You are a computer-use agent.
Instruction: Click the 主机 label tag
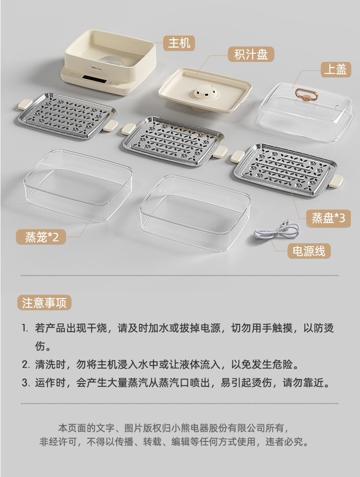tap(179, 43)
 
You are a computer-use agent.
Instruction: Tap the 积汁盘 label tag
tap(251, 54)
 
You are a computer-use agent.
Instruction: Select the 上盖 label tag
tap(336, 70)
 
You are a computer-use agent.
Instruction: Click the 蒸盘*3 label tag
tap(328, 218)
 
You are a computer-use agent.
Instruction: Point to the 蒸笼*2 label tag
tap(41, 237)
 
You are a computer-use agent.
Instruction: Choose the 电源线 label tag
tap(309, 251)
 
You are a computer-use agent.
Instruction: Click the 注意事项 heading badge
tap(44, 303)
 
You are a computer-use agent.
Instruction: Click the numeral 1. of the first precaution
tap(25, 328)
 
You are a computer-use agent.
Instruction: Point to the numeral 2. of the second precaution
tap(25, 364)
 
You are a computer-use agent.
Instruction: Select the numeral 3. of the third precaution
tap(25, 382)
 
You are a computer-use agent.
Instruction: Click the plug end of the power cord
tap(286, 226)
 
